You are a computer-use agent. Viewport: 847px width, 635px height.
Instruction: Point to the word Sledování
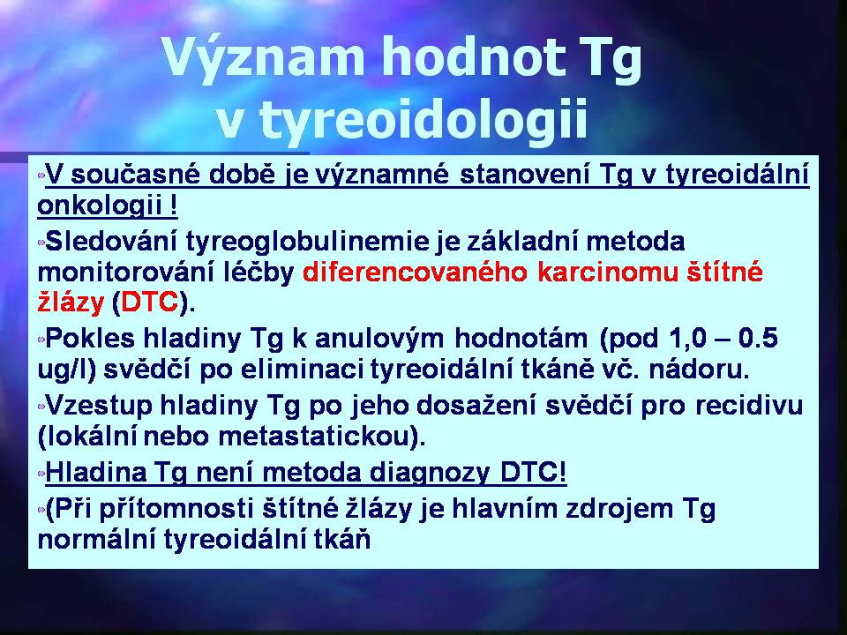[x=111, y=241]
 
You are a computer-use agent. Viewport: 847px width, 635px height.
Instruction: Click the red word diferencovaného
[x=415, y=273]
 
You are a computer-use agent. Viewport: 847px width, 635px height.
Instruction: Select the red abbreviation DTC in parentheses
[x=150, y=303]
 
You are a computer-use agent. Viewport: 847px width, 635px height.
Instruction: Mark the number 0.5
[x=758, y=338]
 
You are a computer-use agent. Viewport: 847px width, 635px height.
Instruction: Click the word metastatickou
[x=317, y=437]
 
